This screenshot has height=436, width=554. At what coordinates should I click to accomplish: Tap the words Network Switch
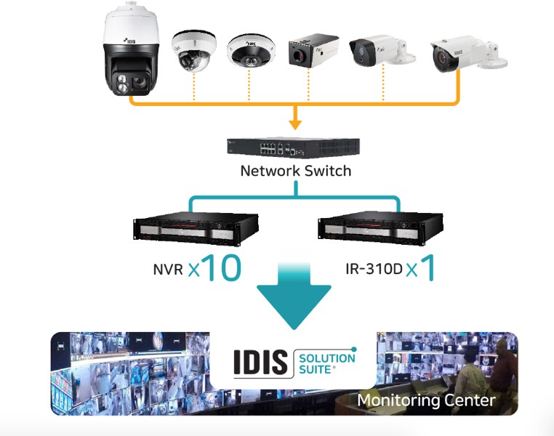(296, 171)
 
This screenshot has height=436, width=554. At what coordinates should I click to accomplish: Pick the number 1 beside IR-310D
(428, 267)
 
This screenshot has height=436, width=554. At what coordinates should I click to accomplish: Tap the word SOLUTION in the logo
(327, 358)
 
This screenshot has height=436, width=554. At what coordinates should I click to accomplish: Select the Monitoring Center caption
(426, 400)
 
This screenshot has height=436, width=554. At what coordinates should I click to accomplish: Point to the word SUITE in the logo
(316, 370)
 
